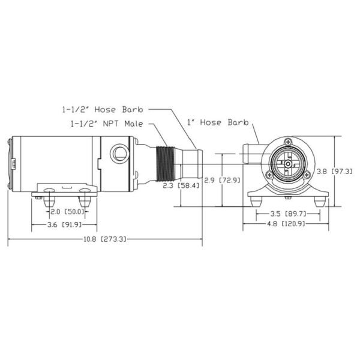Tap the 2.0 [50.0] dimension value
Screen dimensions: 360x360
pos(65,212)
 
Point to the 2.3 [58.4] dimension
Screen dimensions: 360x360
pos(181,187)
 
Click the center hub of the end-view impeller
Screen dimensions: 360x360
pos(287,163)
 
